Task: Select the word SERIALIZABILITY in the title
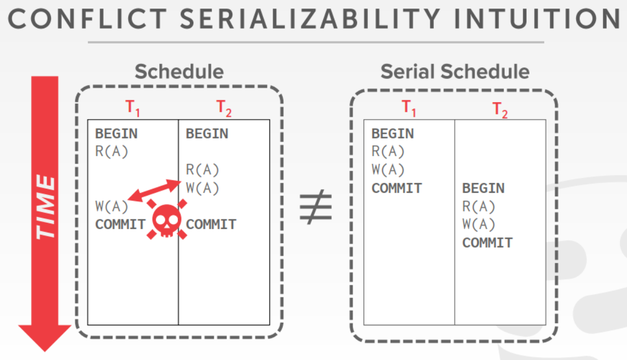(310, 19)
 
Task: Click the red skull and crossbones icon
(167, 219)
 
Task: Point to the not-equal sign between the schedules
(316, 206)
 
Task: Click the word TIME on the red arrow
(45, 207)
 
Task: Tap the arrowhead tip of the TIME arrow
(45, 351)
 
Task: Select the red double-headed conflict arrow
(154, 190)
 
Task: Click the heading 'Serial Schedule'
(455, 71)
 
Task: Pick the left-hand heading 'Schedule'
(179, 71)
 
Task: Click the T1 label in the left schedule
(132, 108)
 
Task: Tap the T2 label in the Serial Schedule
(500, 110)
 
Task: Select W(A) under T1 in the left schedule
(112, 206)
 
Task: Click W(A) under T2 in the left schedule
(202, 188)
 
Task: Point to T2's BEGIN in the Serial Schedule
(484, 188)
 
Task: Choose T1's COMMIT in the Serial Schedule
(397, 188)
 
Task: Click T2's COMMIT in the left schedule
(211, 225)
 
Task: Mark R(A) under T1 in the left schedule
(112, 151)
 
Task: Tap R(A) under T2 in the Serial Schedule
(478, 206)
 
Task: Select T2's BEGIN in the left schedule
(207, 134)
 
